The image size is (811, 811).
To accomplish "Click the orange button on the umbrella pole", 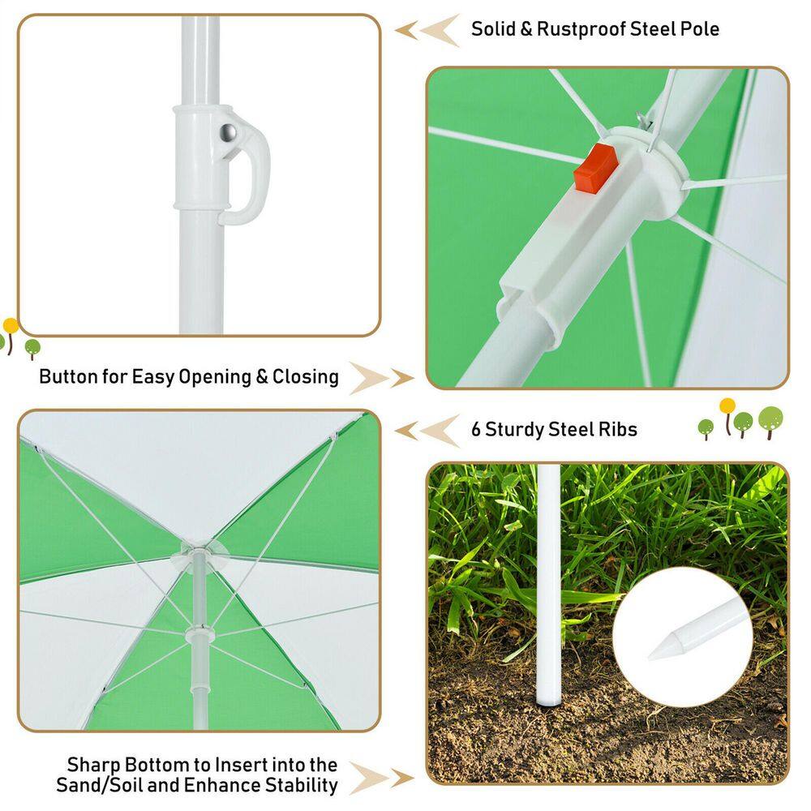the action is click(x=596, y=169).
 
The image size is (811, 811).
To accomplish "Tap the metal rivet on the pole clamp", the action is click(x=228, y=133).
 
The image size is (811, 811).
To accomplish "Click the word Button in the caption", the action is click(x=68, y=376).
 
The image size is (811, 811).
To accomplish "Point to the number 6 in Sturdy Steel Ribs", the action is click(x=476, y=429).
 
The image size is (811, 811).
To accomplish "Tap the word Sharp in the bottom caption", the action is click(x=93, y=766).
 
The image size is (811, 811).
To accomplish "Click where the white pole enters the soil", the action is click(x=548, y=702).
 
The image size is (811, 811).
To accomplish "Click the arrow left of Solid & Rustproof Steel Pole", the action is click(x=427, y=30).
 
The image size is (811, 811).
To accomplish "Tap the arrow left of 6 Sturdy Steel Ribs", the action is click(x=427, y=431).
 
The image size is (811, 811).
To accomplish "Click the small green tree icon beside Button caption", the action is click(x=32, y=349).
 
